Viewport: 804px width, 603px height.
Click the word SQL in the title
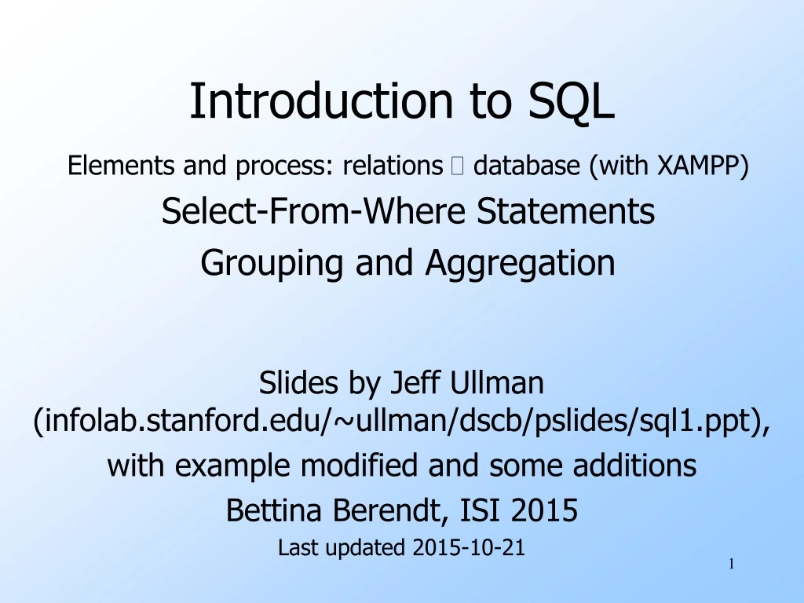pos(572,101)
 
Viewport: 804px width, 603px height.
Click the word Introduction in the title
pos(321,100)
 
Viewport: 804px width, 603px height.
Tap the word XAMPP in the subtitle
pos(703,166)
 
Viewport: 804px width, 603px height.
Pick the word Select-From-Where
pos(313,210)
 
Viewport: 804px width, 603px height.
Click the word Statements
pos(565,210)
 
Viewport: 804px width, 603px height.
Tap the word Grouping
pos(272,263)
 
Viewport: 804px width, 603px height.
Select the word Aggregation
pos(520,263)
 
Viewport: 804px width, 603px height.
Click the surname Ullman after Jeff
pos(497,382)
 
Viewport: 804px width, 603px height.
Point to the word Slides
pos(298,382)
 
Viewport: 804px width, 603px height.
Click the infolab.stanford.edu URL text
pos(402,421)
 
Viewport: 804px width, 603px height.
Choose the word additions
pos(634,465)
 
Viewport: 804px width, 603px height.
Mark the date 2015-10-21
pos(469,547)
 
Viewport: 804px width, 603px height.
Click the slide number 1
pos(732,564)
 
